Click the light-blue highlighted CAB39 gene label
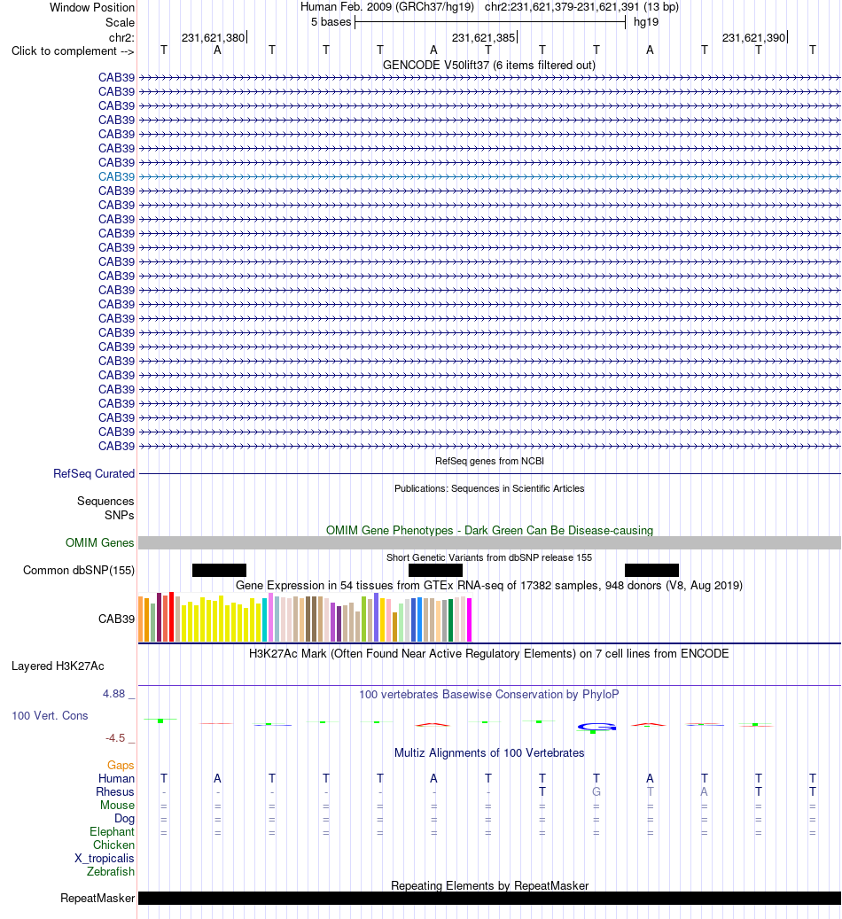[x=116, y=176]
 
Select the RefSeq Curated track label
[x=94, y=473]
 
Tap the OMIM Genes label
[x=99, y=542]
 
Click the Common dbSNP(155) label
[x=79, y=570]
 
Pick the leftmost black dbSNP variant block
[x=219, y=570]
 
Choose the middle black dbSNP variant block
[x=435, y=570]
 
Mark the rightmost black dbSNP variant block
[x=651, y=570]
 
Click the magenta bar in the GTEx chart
[x=469, y=619]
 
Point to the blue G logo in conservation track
[x=596, y=727]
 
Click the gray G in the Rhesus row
[x=596, y=791]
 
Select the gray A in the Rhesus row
[x=705, y=791]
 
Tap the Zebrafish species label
[x=110, y=871]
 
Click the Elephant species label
[x=112, y=831]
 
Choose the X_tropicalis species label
[x=105, y=858]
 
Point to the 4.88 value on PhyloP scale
[x=113, y=694]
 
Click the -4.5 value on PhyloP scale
[x=115, y=738]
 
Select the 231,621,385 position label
[x=483, y=38]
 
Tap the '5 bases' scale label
[x=331, y=22]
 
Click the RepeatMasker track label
[x=97, y=899]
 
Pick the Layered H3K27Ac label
[x=58, y=666]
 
